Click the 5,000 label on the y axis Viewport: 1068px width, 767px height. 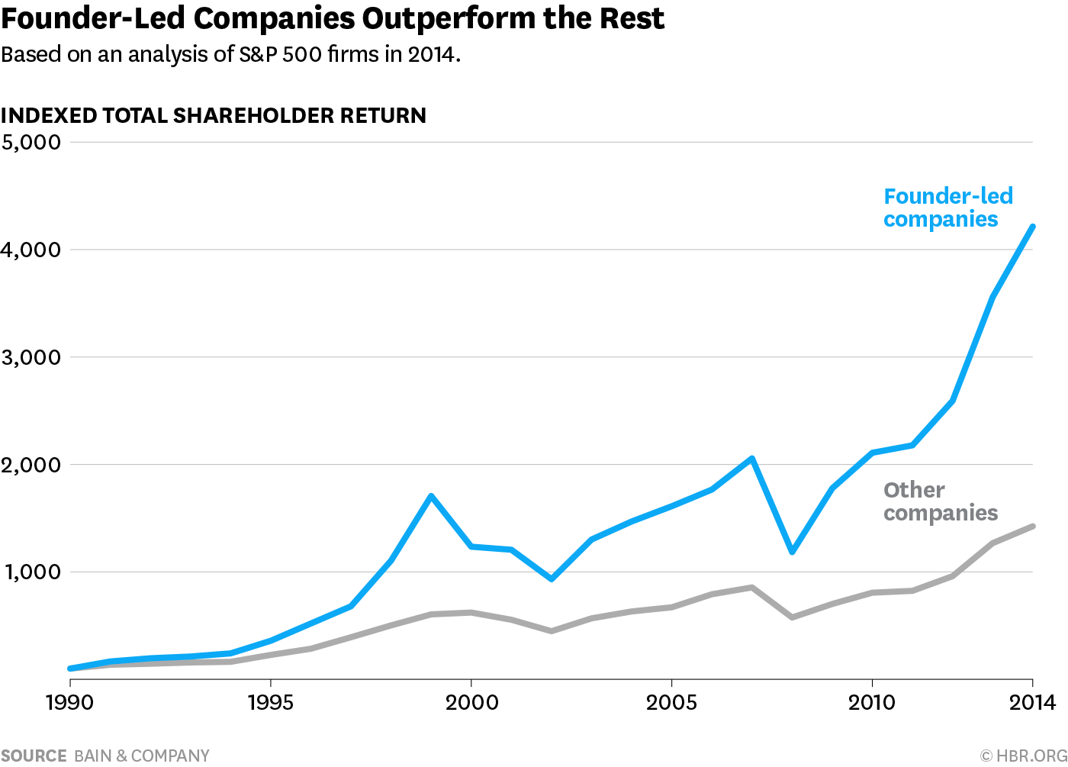coord(31,142)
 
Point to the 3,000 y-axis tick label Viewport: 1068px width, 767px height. coord(31,357)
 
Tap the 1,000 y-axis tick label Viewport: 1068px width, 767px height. coord(33,572)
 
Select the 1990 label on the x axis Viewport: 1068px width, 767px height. coord(69,702)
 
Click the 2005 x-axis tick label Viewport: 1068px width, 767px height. coord(671,702)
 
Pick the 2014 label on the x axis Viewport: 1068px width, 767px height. coord(1032,702)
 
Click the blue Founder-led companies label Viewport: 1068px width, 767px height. coord(947,208)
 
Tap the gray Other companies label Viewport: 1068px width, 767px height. coord(940,501)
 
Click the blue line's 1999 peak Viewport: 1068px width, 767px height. coord(431,496)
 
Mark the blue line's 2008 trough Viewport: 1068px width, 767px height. coord(793,551)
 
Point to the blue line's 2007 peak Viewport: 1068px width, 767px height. coord(752,459)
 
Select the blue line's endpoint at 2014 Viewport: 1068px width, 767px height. coord(1032,227)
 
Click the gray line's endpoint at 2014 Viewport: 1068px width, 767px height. coord(1032,527)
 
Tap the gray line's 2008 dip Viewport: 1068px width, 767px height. coord(793,617)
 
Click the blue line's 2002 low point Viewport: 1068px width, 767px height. coord(552,579)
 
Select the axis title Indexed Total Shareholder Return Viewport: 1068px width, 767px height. coord(214,116)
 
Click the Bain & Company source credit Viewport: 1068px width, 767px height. coord(142,756)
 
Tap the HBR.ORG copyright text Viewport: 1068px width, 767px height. coord(1023,756)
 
